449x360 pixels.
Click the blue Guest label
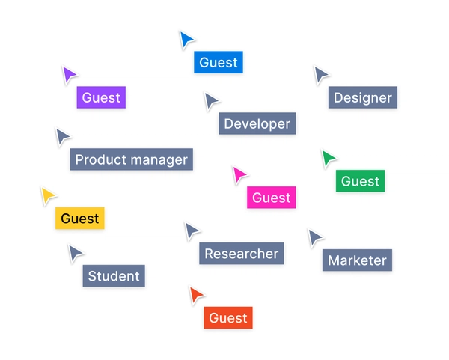click(x=219, y=62)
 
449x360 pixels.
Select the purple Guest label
click(x=101, y=97)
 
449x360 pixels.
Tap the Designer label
click(x=362, y=97)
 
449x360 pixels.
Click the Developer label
click(x=257, y=123)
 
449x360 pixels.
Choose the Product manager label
click(x=132, y=159)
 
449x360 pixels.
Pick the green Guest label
click(x=360, y=181)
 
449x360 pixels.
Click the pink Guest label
click(x=271, y=198)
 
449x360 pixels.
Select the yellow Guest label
click(x=79, y=219)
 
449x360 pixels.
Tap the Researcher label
click(x=241, y=254)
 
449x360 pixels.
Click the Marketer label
click(x=357, y=260)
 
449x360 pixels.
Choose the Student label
click(x=114, y=276)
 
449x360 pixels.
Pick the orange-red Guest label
click(x=228, y=318)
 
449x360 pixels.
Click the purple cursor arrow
click(x=69, y=75)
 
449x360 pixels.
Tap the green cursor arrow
click(x=328, y=159)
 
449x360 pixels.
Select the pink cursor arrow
click(x=239, y=175)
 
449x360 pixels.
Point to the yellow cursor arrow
click(x=48, y=196)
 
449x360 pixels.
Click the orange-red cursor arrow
click(x=196, y=295)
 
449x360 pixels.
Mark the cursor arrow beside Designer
click(x=321, y=75)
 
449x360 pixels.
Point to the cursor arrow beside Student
click(x=76, y=253)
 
